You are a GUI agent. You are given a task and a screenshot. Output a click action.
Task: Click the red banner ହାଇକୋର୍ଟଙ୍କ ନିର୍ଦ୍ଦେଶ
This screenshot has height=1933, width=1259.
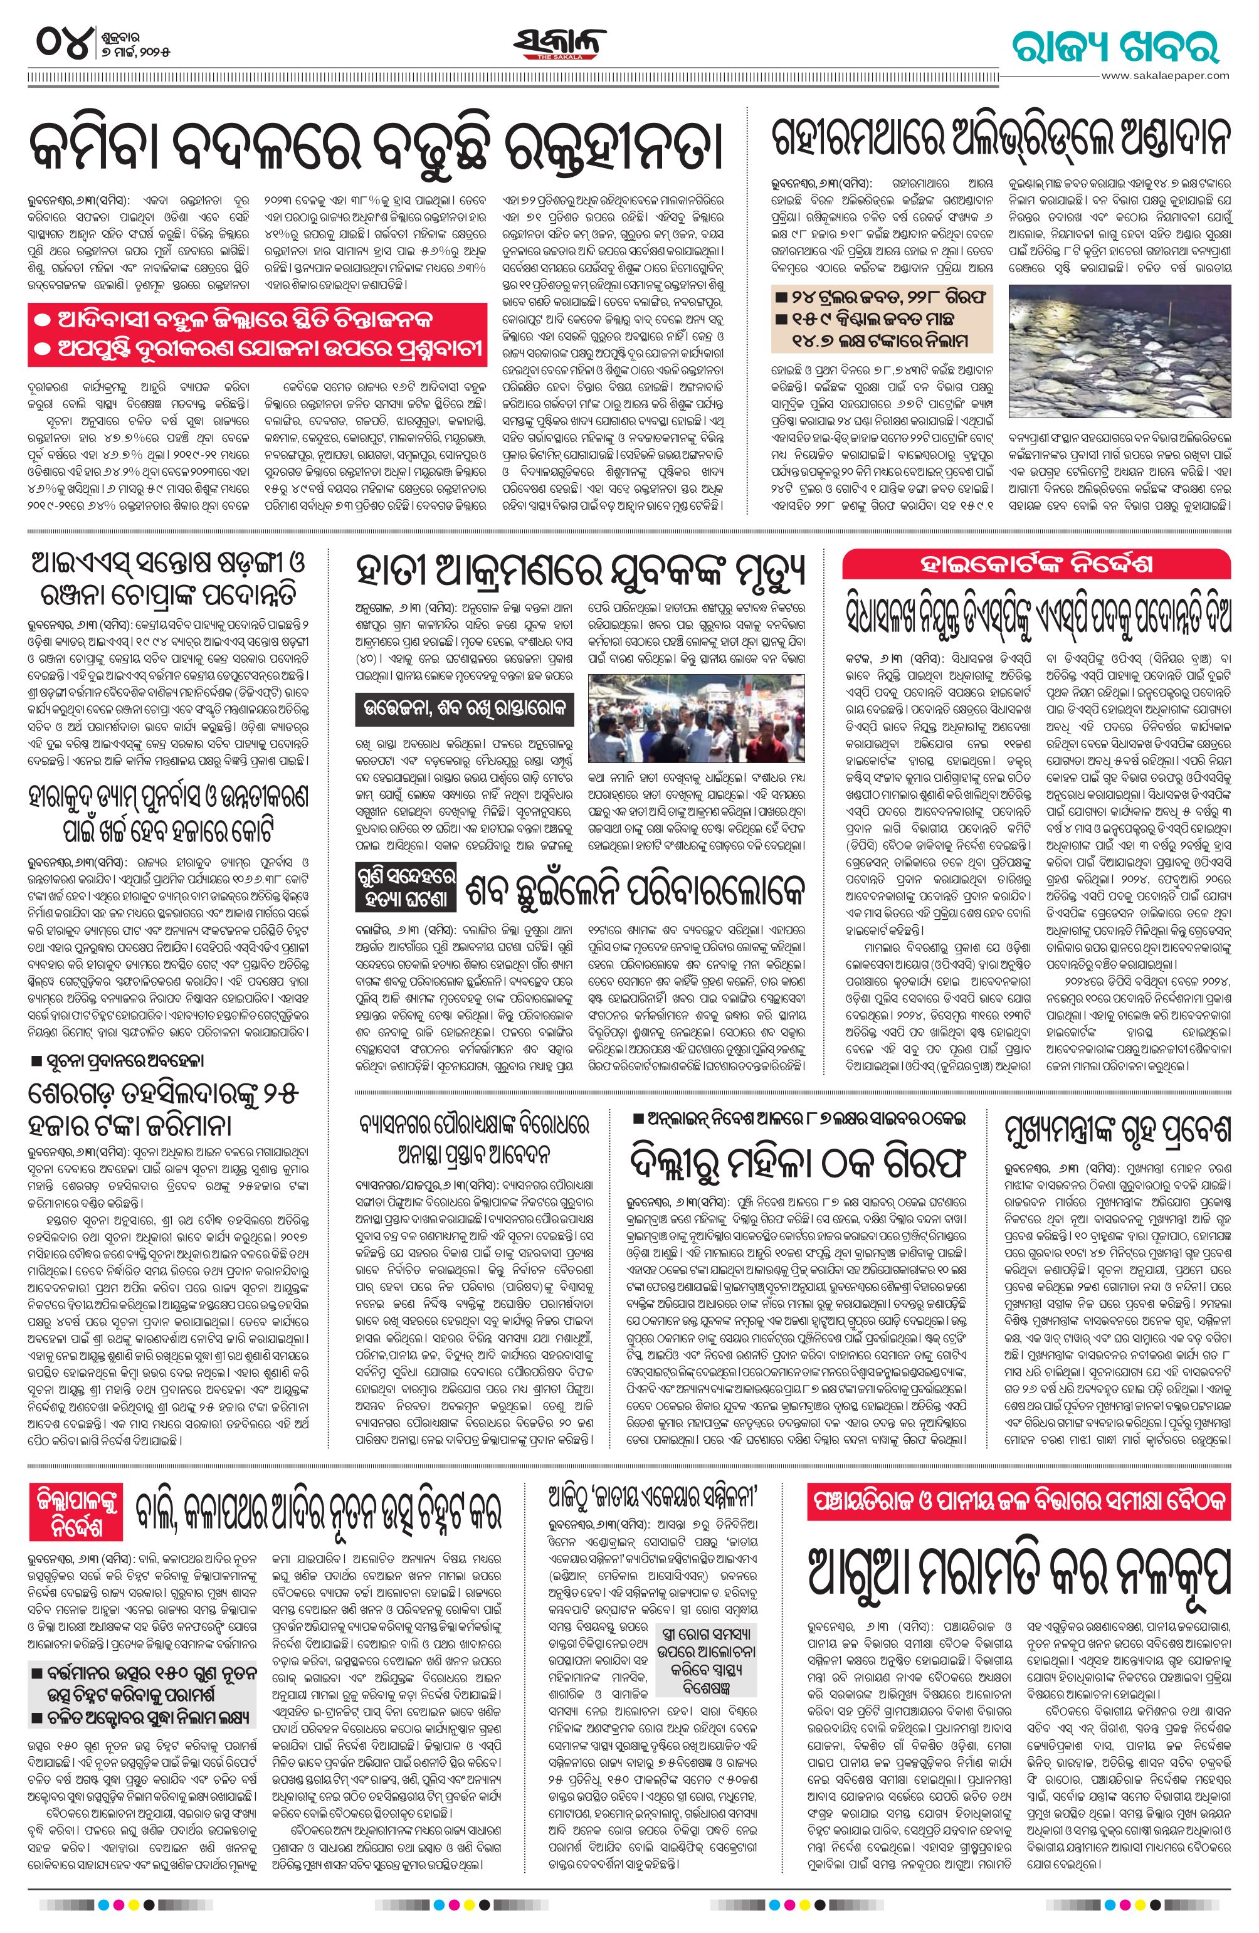click(x=1036, y=566)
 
